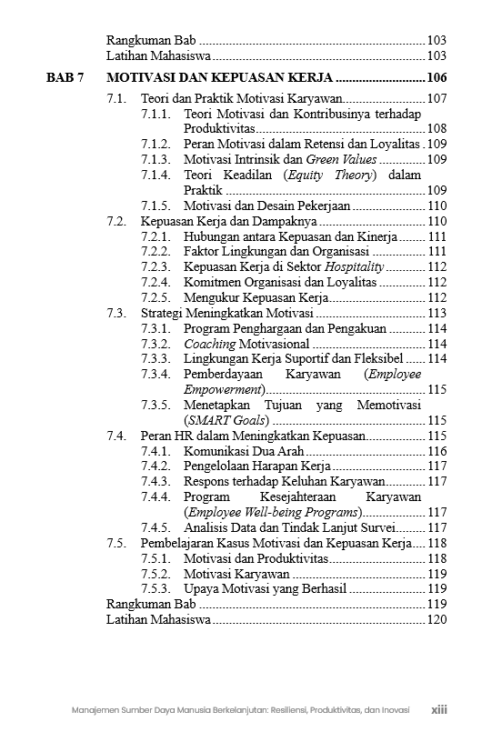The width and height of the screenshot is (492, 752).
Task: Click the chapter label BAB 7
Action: pyautogui.click(x=65, y=78)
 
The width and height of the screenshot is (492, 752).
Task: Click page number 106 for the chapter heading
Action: pyautogui.click(x=437, y=78)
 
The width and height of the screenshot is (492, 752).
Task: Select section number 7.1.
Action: pyautogui.click(x=115, y=98)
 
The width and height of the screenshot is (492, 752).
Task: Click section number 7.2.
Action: pyautogui.click(x=115, y=221)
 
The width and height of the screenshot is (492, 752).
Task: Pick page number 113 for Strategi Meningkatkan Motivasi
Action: pyautogui.click(x=437, y=313)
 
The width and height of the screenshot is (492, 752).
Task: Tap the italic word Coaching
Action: pyautogui.click(x=209, y=344)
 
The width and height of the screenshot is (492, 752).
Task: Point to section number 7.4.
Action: pyautogui.click(x=115, y=436)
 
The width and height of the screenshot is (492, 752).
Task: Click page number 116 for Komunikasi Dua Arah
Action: pyautogui.click(x=437, y=451)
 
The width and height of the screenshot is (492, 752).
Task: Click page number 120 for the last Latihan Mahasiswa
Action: pyautogui.click(x=437, y=619)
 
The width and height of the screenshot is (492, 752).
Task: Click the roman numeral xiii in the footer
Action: pyautogui.click(x=439, y=710)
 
